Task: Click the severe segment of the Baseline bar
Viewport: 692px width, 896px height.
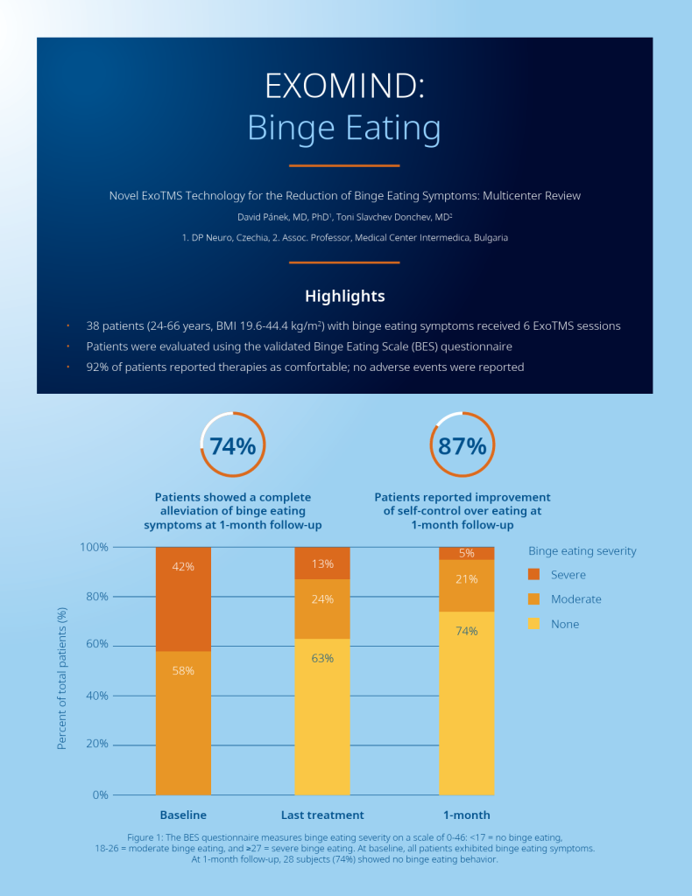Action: click(x=183, y=598)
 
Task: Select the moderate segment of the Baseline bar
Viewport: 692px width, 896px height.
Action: click(x=183, y=723)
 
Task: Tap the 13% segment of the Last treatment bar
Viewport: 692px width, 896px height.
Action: click(x=322, y=563)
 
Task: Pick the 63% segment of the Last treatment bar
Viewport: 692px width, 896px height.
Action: click(x=322, y=716)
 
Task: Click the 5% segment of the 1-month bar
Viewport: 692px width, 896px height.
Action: click(x=466, y=553)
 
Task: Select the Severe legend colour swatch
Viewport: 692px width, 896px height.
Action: click(x=534, y=575)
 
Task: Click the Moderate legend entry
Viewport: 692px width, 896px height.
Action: click(x=575, y=599)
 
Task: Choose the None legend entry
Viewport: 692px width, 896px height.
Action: click(x=565, y=624)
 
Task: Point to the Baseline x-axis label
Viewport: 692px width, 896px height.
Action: click(x=183, y=815)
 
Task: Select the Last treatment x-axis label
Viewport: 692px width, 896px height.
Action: click(x=322, y=815)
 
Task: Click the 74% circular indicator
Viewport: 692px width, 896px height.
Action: click(x=233, y=445)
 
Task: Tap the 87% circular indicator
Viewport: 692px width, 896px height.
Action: click(x=463, y=445)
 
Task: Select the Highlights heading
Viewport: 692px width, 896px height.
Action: click(x=344, y=296)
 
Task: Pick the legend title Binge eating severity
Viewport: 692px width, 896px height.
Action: click(x=583, y=551)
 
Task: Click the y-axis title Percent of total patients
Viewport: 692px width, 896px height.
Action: click(x=62, y=680)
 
